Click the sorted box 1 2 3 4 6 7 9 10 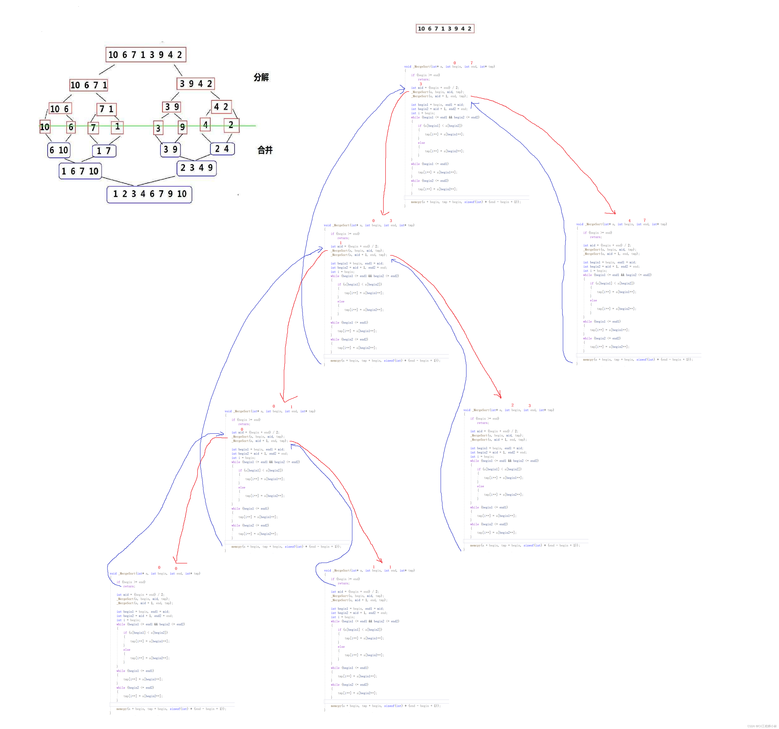(x=149, y=194)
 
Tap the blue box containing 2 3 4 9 (x=196, y=168)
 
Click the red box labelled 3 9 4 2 (x=196, y=84)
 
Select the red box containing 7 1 (x=106, y=109)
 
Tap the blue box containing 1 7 (x=104, y=151)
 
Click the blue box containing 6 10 (x=59, y=150)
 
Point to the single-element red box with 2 (x=231, y=125)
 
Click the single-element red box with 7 (x=93, y=127)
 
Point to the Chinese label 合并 (x=265, y=150)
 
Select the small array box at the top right (x=445, y=29)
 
